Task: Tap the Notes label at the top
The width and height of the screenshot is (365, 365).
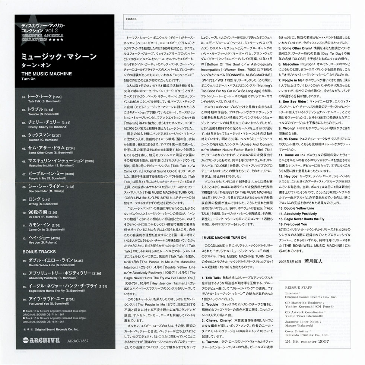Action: click(131, 18)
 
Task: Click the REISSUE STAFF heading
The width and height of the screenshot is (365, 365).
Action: click(298, 288)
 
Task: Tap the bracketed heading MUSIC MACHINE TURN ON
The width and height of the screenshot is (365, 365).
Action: click(224, 237)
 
